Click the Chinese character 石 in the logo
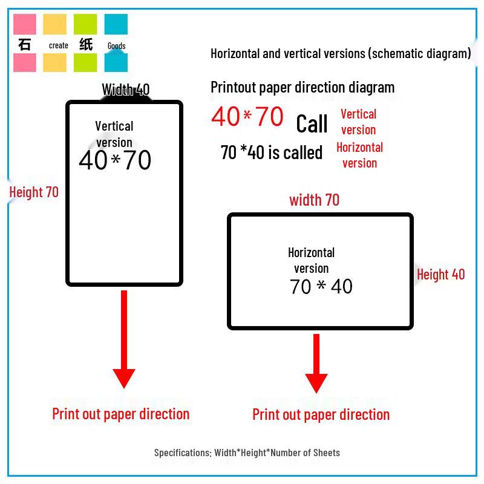click(x=24, y=44)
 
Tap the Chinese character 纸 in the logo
click(x=86, y=44)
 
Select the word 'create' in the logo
click(x=58, y=45)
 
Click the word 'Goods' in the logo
click(x=116, y=46)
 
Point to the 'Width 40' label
click(x=126, y=90)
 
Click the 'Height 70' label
click(x=34, y=192)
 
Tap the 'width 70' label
click(x=314, y=200)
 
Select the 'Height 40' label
click(x=441, y=275)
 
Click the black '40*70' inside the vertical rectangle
click(x=115, y=160)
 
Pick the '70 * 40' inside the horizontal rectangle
click(x=321, y=286)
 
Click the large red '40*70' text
click(x=247, y=116)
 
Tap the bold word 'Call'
click(x=312, y=123)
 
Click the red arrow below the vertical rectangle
click(x=124, y=339)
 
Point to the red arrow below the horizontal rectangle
click(x=316, y=364)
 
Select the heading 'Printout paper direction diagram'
click(x=302, y=87)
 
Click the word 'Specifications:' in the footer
click(x=183, y=453)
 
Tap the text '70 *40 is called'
click(x=272, y=152)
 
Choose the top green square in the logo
click(x=85, y=24)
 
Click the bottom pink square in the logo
click(x=24, y=63)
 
